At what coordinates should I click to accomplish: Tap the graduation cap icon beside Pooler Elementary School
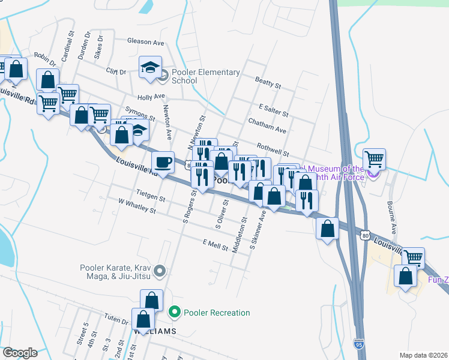point(151,67)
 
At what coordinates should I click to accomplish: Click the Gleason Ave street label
point(146,43)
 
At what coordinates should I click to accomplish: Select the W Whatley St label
point(137,206)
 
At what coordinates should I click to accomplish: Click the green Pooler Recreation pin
point(175,312)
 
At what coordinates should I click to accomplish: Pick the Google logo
point(20,353)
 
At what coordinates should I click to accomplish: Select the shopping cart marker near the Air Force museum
point(374,159)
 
